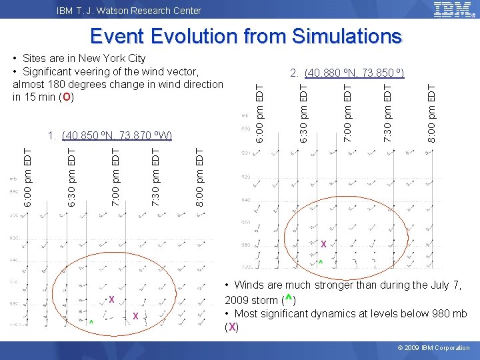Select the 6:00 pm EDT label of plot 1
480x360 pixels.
pos(27,171)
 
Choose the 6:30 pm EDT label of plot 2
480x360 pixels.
pos(303,111)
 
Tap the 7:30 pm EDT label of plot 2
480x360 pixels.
pos(388,111)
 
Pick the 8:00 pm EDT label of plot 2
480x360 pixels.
pos(431,111)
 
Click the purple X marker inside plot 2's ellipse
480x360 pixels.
pos(323,245)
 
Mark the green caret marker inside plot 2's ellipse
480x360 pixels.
pos(321,262)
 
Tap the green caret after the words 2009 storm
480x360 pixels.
pos(289,299)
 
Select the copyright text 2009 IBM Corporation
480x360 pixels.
pos(437,348)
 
